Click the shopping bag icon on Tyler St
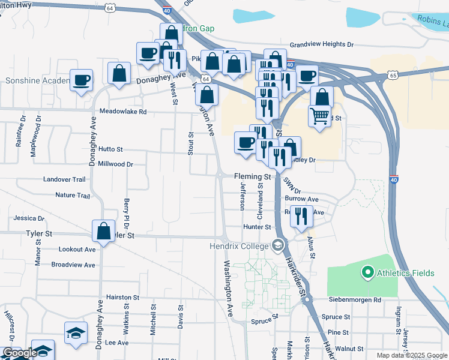(x=104, y=230)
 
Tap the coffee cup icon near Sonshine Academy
(x=81, y=79)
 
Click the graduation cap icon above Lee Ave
(x=76, y=332)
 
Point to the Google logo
(x=19, y=353)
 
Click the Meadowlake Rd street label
(x=123, y=112)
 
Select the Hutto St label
(x=111, y=149)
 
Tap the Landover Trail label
(x=65, y=179)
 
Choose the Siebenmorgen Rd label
(x=355, y=299)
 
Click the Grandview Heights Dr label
(x=322, y=44)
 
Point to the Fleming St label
(x=253, y=177)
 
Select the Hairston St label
(x=122, y=297)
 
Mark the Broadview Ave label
(x=73, y=265)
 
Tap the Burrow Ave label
(x=301, y=198)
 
